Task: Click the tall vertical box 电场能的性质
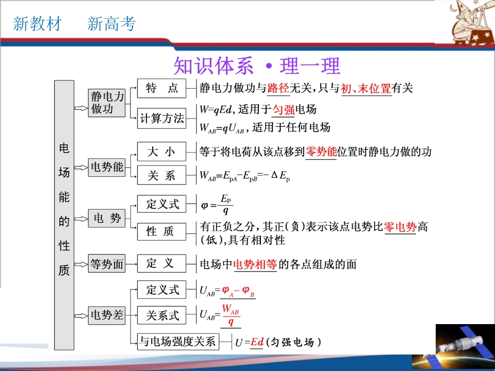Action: coord(64,215)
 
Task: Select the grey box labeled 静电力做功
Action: coord(106,103)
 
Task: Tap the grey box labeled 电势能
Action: coord(106,167)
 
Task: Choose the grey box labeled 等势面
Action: coord(106,263)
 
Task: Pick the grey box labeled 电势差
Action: coord(106,315)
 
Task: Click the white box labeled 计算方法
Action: coord(161,119)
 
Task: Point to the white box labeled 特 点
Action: coord(161,88)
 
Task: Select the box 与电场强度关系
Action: coord(178,341)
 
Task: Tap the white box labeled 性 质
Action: coord(161,231)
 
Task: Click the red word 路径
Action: coord(278,88)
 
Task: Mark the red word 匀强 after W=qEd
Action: coord(283,110)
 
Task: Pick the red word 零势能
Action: coord(321,152)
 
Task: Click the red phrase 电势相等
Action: coord(255,264)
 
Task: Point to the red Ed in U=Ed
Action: coord(257,342)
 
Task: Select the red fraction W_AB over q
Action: coord(231,315)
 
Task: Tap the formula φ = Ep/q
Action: coord(217,205)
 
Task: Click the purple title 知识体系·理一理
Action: coord(257,65)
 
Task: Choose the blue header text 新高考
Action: coord(111,24)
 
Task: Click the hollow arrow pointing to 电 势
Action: coord(81,219)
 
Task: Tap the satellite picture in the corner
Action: coord(465,347)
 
